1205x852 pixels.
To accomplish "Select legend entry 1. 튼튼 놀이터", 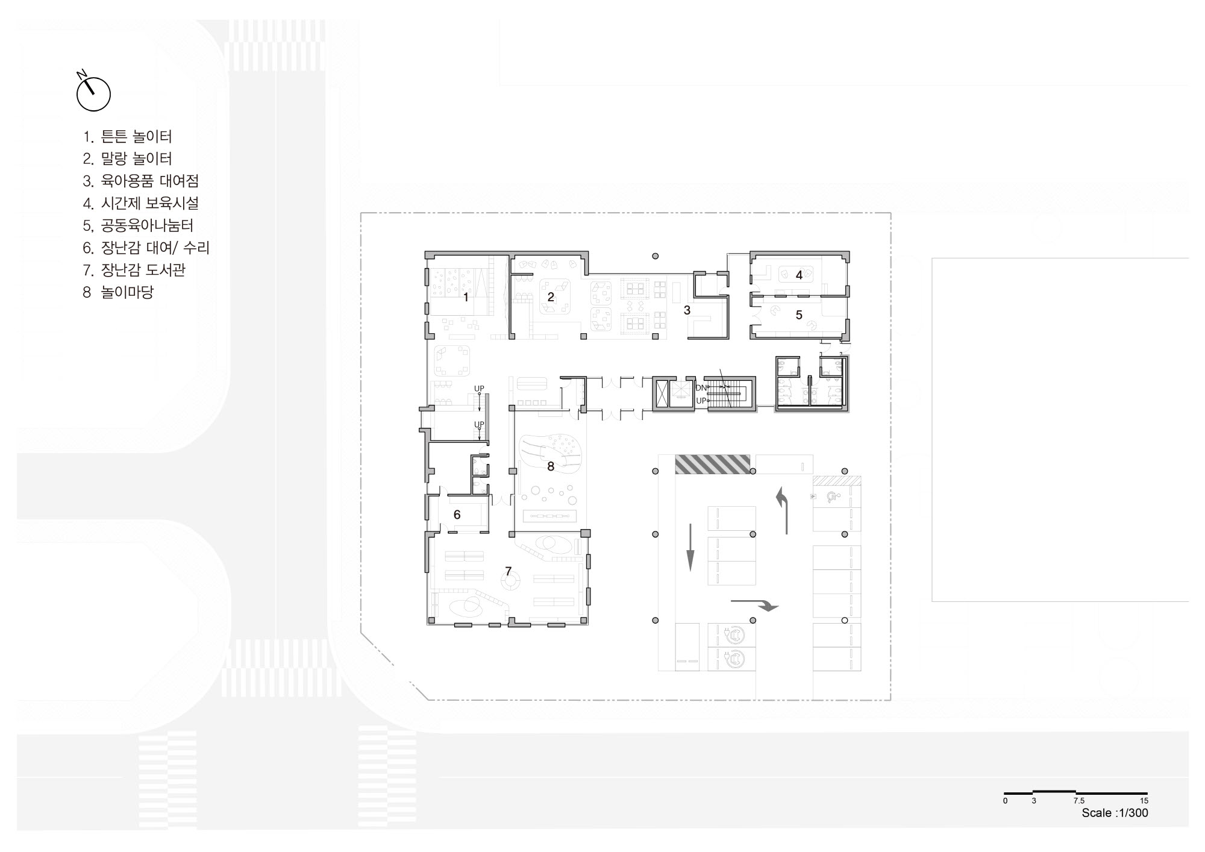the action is tap(128, 137).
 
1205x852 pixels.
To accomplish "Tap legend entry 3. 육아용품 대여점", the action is tap(141, 181).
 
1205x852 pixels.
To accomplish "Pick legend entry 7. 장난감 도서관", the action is tap(134, 269).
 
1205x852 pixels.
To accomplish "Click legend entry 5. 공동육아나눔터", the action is tap(138, 225).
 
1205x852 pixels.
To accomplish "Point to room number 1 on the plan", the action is tap(466, 297).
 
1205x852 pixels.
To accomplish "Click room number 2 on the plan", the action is tap(551, 297).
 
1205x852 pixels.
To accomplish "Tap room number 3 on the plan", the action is tap(687, 310).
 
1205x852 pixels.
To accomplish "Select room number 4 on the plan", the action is tap(800, 275).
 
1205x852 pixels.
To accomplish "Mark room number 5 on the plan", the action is tap(800, 315).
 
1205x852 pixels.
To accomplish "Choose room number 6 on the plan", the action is tap(457, 515).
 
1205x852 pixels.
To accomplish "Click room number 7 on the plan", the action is tap(509, 571).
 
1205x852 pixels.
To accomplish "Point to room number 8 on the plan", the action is tap(551, 466).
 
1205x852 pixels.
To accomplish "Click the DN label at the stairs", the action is tap(701, 388).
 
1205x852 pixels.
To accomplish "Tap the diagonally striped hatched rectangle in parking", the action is tap(712, 464).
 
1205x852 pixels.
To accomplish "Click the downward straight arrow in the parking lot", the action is tap(690, 547).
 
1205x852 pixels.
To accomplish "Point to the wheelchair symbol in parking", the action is tap(834, 498).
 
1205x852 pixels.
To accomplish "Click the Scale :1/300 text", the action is tap(1115, 813).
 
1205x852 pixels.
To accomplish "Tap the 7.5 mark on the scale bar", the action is tap(1078, 801).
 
